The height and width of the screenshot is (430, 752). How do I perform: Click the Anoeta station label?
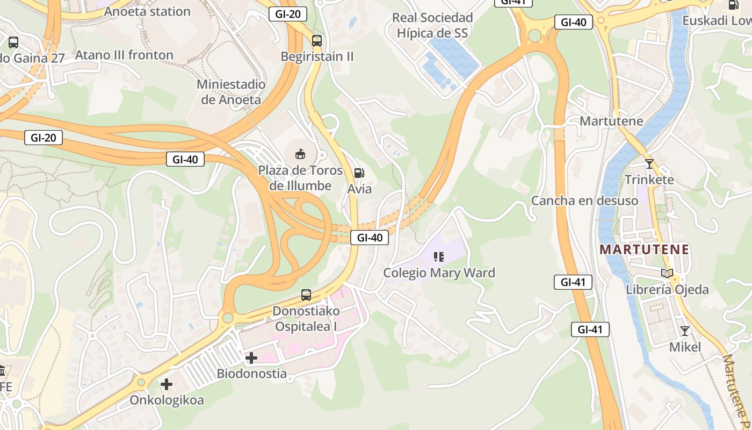click(x=148, y=11)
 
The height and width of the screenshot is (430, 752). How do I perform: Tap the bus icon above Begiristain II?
click(x=317, y=40)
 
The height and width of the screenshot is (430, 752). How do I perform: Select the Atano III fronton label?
click(x=124, y=55)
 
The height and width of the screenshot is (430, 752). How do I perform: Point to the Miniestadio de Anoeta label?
click(x=231, y=92)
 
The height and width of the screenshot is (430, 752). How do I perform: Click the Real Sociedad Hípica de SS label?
click(x=432, y=25)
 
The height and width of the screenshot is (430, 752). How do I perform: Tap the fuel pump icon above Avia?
click(x=359, y=173)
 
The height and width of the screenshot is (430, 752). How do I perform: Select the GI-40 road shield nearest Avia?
click(x=370, y=238)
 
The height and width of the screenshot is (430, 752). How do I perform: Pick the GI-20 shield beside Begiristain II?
click(x=288, y=14)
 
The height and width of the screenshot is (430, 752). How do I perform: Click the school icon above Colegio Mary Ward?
click(x=439, y=257)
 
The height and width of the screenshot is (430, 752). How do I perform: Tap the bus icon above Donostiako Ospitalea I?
click(x=306, y=295)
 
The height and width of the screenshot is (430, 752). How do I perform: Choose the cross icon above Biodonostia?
click(x=251, y=358)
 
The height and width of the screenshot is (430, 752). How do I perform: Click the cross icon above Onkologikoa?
click(x=167, y=384)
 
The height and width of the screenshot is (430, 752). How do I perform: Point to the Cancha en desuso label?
click(x=584, y=200)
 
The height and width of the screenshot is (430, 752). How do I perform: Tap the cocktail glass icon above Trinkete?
click(x=649, y=163)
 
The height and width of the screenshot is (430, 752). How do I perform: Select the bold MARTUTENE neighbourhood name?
click(x=644, y=249)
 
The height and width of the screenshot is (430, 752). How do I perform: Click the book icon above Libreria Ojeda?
click(x=667, y=274)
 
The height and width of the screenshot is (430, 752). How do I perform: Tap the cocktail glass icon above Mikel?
click(x=685, y=331)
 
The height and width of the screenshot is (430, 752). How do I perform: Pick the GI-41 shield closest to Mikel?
click(x=590, y=329)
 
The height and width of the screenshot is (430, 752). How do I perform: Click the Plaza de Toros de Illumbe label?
click(x=300, y=178)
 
